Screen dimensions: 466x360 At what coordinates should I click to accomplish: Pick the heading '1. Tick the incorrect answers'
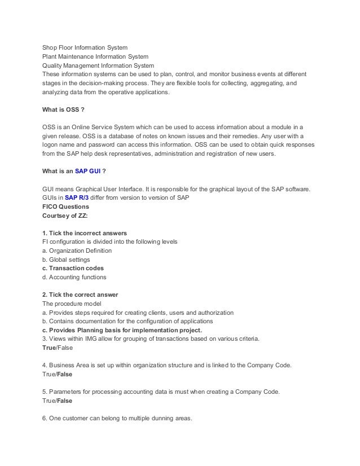(85, 233)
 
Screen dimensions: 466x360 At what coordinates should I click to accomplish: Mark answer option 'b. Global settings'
(66, 260)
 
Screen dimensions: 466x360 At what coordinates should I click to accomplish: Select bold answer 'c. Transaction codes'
(73, 268)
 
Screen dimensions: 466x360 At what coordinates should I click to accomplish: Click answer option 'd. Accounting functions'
(74, 277)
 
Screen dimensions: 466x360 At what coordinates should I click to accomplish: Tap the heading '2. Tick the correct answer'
(80, 295)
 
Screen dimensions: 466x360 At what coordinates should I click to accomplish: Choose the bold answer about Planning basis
(122, 330)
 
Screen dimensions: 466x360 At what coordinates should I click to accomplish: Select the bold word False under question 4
(64, 374)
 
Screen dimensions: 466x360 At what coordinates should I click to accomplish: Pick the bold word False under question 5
(64, 401)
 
